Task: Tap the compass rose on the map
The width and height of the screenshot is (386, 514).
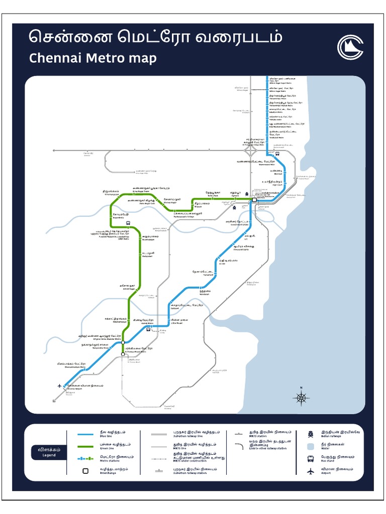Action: [x=301, y=399]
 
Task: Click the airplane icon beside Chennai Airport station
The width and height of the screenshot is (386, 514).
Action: [x=60, y=385]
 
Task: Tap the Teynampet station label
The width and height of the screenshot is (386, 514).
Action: [x=204, y=273]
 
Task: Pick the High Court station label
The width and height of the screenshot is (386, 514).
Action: [x=271, y=183]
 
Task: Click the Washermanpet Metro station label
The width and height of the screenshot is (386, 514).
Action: [x=257, y=163]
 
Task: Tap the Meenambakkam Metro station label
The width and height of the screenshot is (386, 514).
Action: [x=71, y=365]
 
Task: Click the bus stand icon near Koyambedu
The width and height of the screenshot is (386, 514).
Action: [x=129, y=224]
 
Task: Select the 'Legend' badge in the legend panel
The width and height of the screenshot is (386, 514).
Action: [x=49, y=452]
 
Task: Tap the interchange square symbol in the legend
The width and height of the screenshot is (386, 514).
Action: [x=85, y=470]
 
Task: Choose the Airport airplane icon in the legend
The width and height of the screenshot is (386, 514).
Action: [x=311, y=470]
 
